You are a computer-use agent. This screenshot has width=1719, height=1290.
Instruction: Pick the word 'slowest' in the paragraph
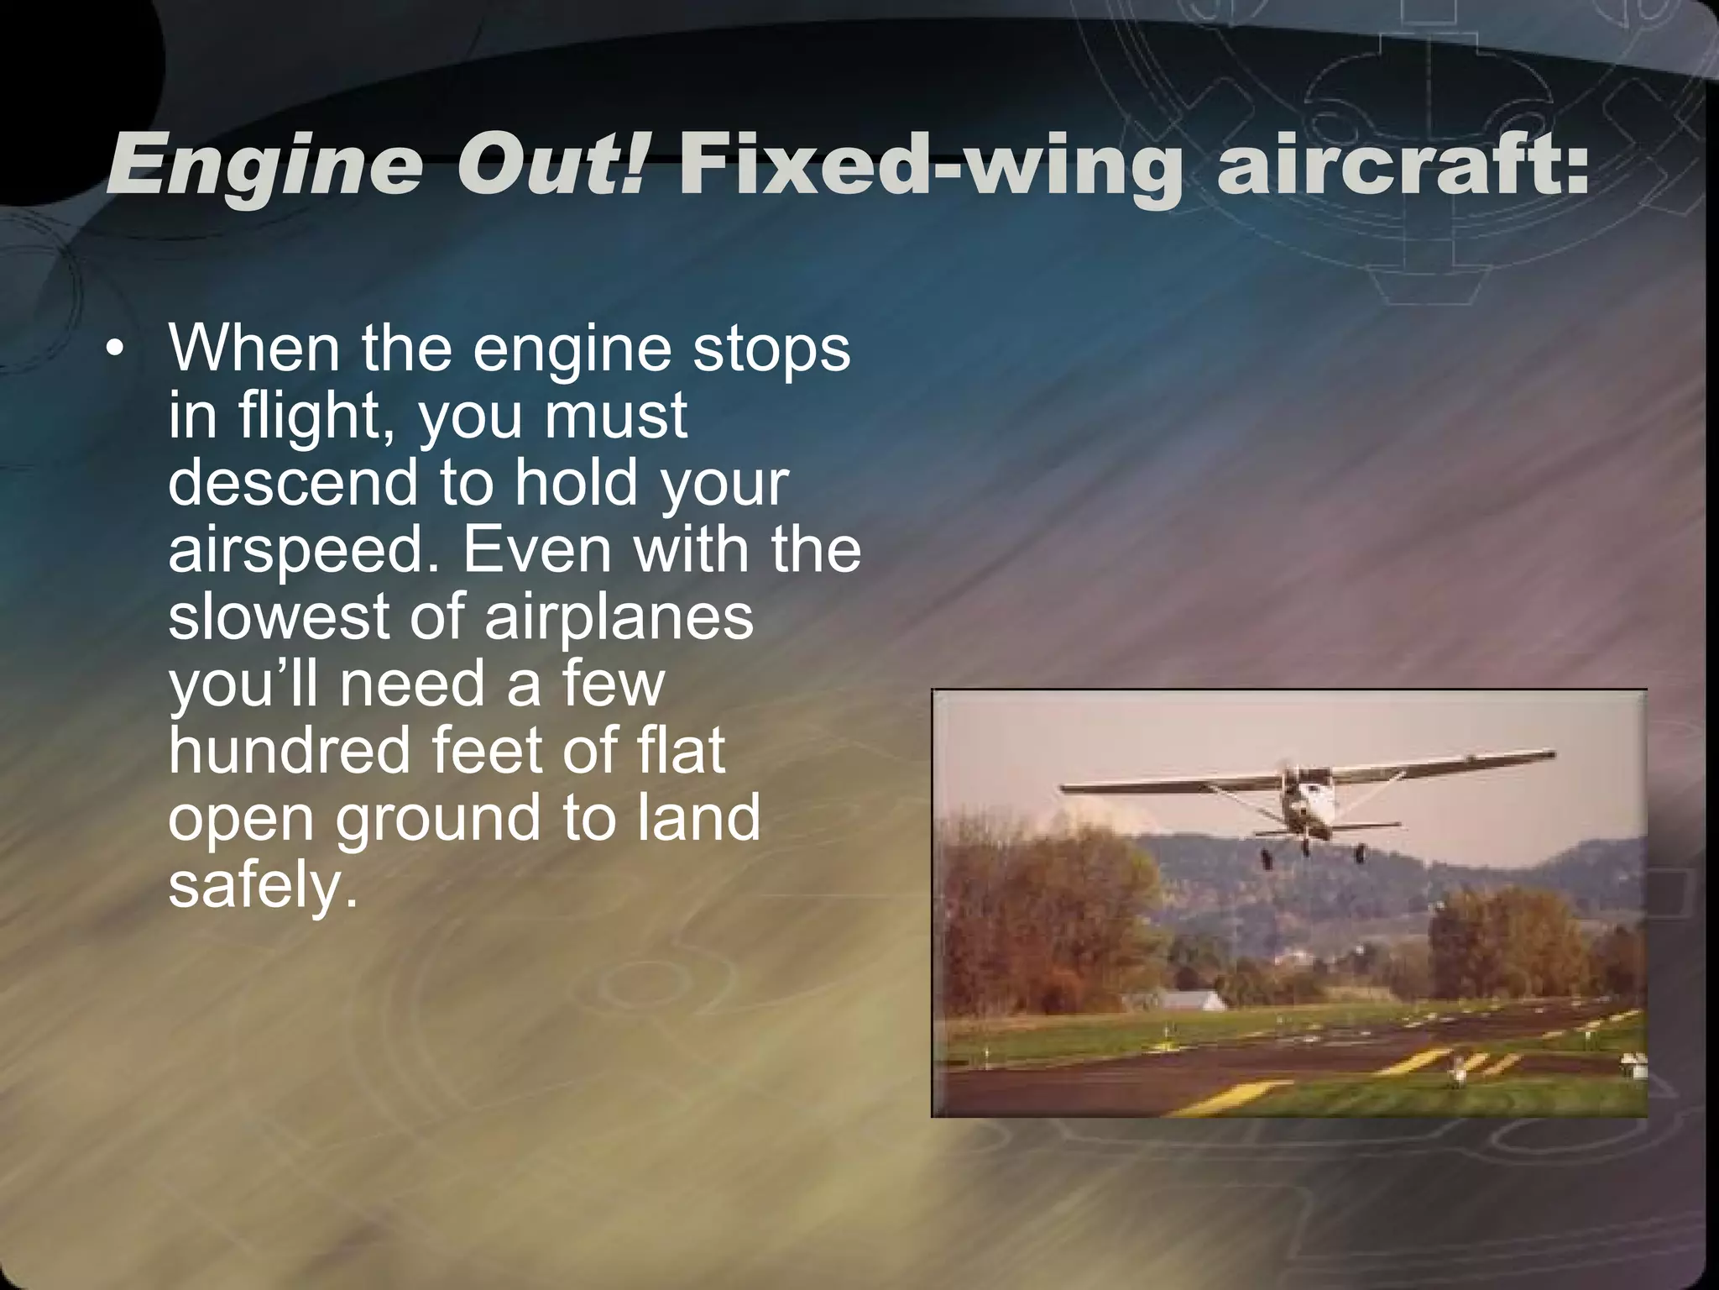277,616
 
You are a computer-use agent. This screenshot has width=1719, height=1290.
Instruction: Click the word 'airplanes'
619,618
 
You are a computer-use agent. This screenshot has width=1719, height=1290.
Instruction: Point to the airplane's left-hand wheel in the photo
1265,858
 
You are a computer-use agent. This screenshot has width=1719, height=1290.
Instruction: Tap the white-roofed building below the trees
1182,1000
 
